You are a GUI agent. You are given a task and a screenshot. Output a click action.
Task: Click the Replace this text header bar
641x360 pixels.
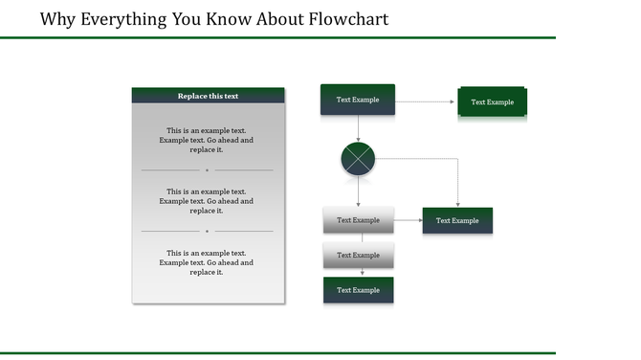coord(208,96)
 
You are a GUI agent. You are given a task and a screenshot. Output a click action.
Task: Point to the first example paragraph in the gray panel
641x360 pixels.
coord(207,140)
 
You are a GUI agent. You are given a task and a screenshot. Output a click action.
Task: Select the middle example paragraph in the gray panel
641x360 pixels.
coord(207,201)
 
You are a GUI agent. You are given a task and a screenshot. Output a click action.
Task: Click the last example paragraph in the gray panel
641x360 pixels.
coord(207,262)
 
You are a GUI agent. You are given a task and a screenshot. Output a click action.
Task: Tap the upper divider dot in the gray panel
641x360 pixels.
coord(207,170)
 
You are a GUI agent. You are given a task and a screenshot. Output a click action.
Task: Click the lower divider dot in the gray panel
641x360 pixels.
coord(207,231)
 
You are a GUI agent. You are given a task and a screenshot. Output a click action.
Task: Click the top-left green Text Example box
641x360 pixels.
coord(357,100)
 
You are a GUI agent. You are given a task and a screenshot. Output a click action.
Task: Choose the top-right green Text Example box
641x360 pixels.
coord(492,102)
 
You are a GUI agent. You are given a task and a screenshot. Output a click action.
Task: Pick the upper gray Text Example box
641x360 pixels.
coord(358,220)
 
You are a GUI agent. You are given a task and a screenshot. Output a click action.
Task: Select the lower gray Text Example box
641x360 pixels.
coord(358,256)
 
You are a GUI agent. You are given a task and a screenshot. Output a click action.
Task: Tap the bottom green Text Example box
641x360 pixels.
coord(358,290)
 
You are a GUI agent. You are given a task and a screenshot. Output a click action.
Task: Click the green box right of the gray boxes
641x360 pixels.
coord(457,220)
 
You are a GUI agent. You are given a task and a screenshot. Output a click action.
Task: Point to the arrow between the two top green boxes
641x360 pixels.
coord(425,101)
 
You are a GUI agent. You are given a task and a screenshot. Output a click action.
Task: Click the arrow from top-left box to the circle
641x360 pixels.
coord(358,128)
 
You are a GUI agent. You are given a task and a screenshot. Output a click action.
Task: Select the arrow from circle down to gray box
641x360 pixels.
coord(358,191)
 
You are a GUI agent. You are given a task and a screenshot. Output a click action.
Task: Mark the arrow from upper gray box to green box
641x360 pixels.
coord(408,220)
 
